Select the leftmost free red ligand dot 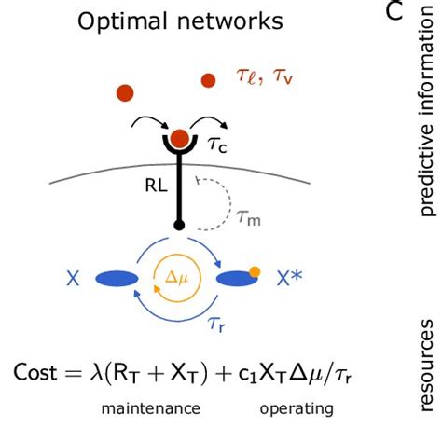125,91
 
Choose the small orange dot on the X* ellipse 253,272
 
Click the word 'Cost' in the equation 40,372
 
